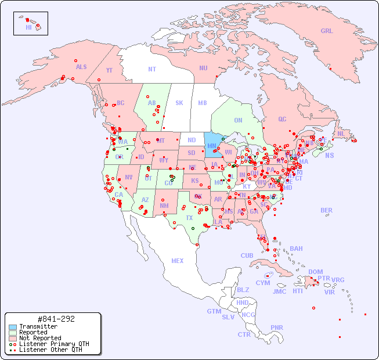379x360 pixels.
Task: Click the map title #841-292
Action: [56, 319]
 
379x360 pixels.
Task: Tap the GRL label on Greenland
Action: [327, 31]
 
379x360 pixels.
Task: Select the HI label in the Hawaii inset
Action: [28, 27]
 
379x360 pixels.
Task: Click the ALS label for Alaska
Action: [81, 67]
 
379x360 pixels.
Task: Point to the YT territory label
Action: [109, 70]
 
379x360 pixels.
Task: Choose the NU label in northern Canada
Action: [203, 68]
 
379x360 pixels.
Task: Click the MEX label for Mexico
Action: [178, 261]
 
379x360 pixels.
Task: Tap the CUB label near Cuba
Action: [247, 255]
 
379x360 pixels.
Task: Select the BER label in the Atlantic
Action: [327, 210]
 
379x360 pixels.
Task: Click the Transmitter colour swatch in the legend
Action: [12, 327]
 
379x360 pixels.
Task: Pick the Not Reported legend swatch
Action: [12, 338]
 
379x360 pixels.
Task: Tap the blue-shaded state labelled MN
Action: [212, 146]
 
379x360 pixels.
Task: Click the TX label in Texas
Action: [189, 218]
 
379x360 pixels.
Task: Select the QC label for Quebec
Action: [282, 119]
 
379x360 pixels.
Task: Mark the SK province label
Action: [179, 103]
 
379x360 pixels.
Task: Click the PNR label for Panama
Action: [277, 327]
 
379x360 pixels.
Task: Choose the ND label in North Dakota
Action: [192, 140]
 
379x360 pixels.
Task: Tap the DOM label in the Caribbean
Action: [315, 272]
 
